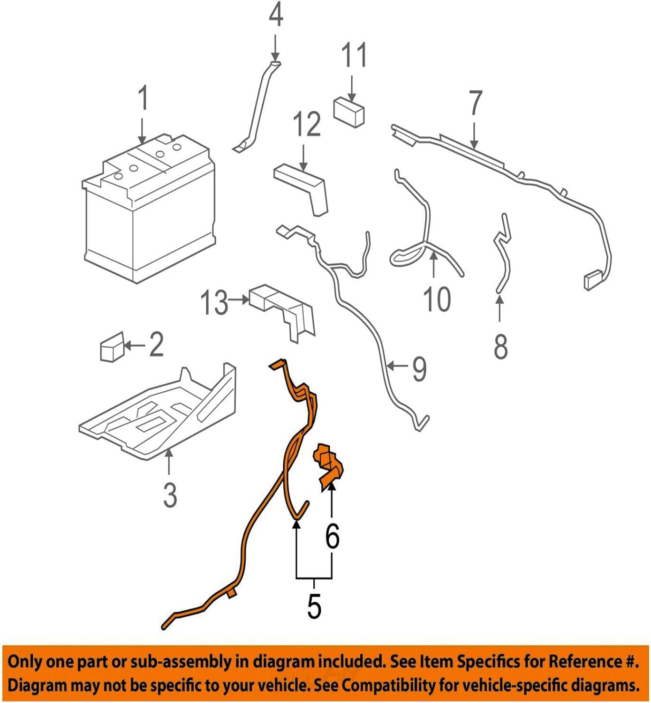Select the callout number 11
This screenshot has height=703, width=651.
354,56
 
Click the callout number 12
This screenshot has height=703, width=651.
307,124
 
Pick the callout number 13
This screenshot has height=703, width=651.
214,302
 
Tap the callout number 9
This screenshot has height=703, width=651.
419,368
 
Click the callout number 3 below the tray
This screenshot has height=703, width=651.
170,494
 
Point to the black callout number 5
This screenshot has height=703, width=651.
314,606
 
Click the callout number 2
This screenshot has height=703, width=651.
156,345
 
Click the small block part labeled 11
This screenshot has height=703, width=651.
349,112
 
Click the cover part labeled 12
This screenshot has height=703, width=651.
303,187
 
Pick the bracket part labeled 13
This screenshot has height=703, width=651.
284,312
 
